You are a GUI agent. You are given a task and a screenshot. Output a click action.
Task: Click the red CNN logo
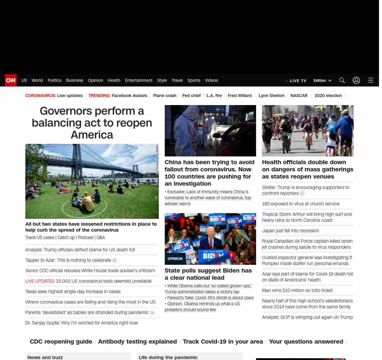[x=11, y=80]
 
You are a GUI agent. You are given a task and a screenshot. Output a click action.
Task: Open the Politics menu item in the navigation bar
[x=54, y=80]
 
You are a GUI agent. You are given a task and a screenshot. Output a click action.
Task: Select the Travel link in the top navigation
[x=177, y=80]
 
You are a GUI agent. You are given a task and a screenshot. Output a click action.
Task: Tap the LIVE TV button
[x=296, y=81]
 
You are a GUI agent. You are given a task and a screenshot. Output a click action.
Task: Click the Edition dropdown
[x=322, y=81]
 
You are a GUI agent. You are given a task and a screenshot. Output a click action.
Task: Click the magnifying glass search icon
[x=342, y=80]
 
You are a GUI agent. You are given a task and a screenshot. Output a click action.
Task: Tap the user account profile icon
[x=356, y=80]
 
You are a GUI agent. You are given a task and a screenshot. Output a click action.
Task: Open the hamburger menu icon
[x=371, y=80]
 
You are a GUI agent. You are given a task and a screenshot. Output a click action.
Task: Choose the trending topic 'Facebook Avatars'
[x=130, y=96]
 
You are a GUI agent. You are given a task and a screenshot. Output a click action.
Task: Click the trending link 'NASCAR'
[x=299, y=96]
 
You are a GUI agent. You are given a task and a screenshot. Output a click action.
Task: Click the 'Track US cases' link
[x=40, y=237]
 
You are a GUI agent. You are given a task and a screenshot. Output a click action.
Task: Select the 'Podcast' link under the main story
[x=86, y=237]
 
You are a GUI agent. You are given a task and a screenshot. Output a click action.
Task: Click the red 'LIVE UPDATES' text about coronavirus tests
[x=40, y=281]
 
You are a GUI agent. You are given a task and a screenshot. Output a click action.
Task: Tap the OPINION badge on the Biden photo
[x=175, y=259]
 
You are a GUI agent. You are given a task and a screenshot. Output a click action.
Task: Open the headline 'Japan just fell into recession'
[x=290, y=231]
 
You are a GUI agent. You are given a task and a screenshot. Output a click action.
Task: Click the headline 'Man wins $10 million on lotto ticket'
[x=297, y=290]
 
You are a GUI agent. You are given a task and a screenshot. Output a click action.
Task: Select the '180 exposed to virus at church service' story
[x=301, y=204]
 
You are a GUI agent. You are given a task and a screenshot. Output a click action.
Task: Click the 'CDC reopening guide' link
[x=61, y=341]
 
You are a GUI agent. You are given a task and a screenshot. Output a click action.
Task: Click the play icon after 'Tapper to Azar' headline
[x=114, y=261]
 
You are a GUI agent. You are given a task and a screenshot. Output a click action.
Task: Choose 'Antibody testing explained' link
[x=137, y=341]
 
